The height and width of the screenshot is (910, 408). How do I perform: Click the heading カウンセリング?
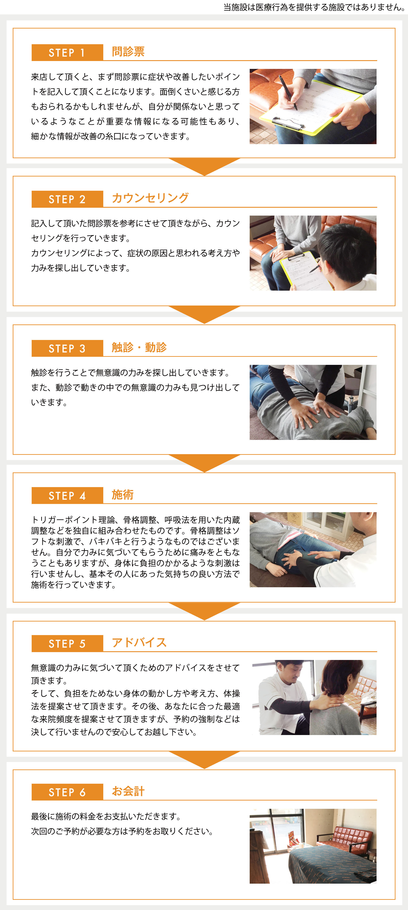pos(150,198)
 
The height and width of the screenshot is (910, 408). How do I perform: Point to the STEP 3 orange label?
pos(67,348)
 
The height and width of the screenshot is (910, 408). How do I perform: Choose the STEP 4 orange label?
pos(67,496)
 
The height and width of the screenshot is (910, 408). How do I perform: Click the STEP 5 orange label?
pos(67,644)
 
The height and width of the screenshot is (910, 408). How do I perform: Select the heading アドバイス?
pos(139,643)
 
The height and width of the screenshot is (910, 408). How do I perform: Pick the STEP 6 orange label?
pos(67,792)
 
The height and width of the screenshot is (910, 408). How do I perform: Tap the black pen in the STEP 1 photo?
pos(288,92)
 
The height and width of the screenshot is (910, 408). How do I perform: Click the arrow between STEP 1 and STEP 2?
pos(204,166)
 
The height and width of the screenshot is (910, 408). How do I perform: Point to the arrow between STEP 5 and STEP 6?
pos(204,759)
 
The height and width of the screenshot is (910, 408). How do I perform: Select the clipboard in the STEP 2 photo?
pos(303,272)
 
